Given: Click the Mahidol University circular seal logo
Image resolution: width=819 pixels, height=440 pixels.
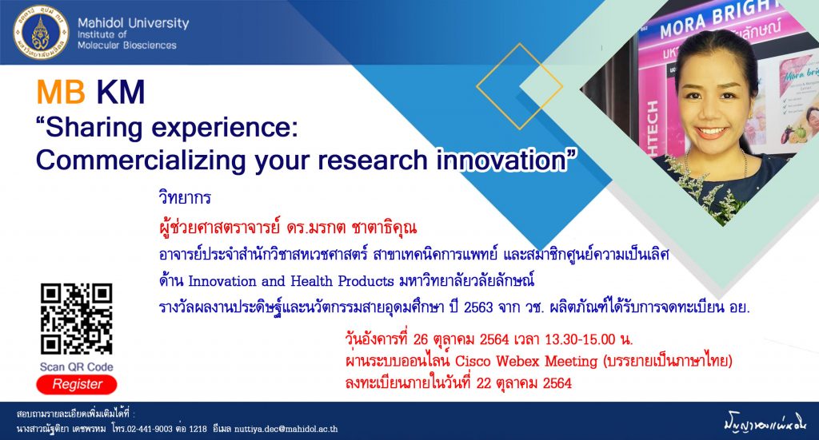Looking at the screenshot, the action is [41, 33].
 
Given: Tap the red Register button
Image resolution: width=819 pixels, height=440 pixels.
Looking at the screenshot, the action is [77, 384].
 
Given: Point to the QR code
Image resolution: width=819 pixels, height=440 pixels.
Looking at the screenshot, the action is [76, 319].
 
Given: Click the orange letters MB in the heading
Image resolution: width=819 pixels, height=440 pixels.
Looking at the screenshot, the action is [61, 92].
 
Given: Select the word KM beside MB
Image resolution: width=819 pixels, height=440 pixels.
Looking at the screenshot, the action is [120, 92].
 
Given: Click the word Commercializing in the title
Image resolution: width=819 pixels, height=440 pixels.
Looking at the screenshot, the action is [141, 160].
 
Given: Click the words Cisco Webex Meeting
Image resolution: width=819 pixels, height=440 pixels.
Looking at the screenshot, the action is [526, 361].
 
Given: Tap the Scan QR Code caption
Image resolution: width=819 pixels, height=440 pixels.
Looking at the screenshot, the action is [77, 367].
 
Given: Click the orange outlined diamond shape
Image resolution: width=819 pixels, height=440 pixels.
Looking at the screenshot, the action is [519, 86].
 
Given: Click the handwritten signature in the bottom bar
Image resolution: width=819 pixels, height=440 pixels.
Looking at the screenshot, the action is [765, 422].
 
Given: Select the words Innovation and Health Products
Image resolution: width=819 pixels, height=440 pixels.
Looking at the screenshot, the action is [291, 281].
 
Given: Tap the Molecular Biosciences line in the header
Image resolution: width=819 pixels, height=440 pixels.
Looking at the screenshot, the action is [127, 46].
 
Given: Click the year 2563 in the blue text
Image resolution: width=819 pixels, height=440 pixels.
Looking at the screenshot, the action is [478, 307].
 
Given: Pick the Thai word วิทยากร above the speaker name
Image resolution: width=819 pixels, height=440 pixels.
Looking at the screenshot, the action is [185, 197].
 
